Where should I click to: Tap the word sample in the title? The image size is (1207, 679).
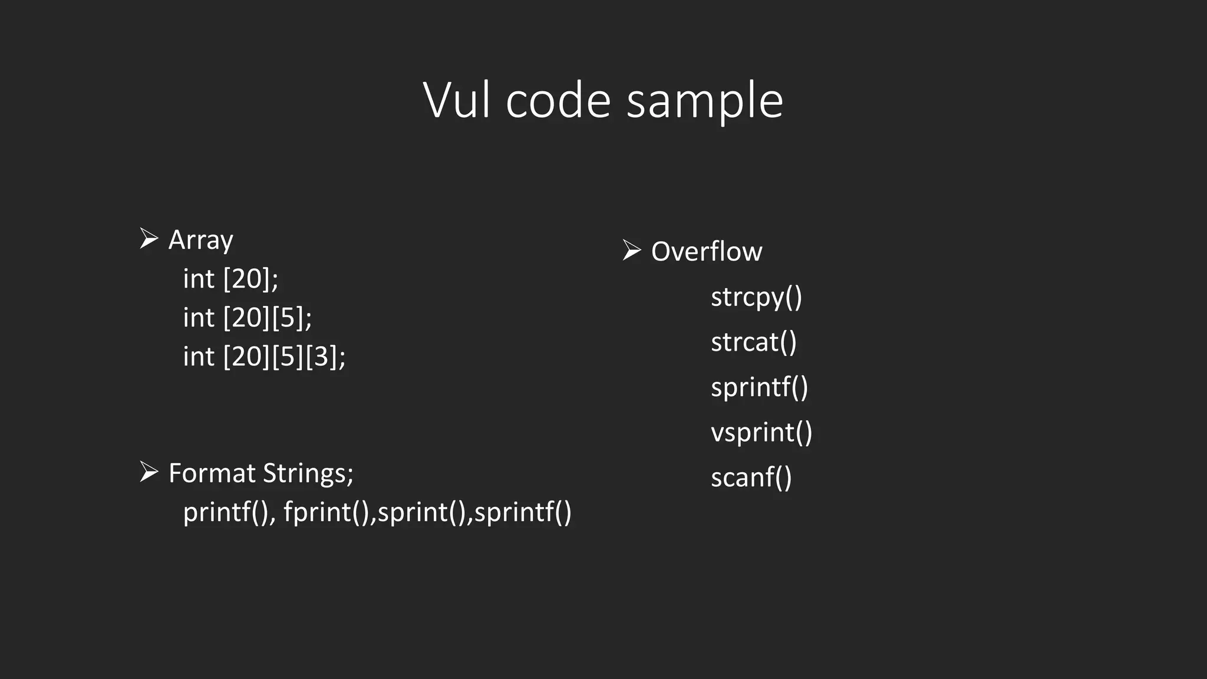[x=704, y=101]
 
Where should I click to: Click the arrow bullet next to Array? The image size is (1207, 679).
[x=149, y=239]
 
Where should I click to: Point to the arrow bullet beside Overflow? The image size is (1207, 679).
[x=632, y=250]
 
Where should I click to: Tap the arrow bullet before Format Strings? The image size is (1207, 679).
[x=149, y=472]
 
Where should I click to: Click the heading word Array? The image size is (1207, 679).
[x=200, y=240]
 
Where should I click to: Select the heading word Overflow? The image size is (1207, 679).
[x=706, y=252]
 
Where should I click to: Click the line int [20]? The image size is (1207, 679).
[x=230, y=279]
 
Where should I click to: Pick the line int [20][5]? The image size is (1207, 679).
[x=247, y=318]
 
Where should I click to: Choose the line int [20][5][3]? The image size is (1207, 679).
[x=264, y=357]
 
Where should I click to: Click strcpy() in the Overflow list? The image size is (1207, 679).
[x=756, y=297]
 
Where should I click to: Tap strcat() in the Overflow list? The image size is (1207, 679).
[x=753, y=342]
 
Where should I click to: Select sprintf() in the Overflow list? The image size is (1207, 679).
[x=759, y=387]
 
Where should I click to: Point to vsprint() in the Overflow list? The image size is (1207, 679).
[x=761, y=433]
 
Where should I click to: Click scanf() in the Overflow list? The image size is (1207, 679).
[x=751, y=477]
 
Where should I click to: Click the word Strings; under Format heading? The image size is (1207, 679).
[x=308, y=473]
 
